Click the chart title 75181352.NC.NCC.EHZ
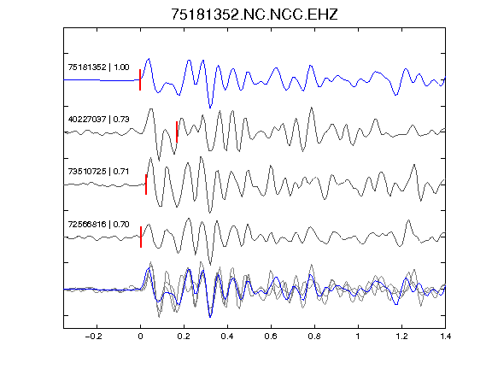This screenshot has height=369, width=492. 255,15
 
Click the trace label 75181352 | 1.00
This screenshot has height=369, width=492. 98,67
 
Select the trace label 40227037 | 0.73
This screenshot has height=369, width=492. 98,120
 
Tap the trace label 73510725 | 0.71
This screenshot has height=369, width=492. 98,172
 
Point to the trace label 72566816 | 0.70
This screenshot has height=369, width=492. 98,224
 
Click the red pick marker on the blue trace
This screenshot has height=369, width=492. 140,79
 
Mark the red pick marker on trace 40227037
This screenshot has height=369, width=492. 177,132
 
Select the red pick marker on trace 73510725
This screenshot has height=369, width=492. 146,184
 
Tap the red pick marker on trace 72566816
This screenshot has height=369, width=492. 141,237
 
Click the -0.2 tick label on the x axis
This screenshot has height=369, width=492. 94,337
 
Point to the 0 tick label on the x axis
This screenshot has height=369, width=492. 140,337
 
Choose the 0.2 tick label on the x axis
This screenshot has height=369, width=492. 184,337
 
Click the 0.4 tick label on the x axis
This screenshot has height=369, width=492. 227,337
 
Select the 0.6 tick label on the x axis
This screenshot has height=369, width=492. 271,337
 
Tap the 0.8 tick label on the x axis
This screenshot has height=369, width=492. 314,337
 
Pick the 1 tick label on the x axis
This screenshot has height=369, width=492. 358,337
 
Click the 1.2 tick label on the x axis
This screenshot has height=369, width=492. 401,337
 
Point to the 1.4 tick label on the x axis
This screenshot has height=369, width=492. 445,337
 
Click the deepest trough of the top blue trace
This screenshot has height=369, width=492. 210,108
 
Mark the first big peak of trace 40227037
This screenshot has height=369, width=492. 151,109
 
